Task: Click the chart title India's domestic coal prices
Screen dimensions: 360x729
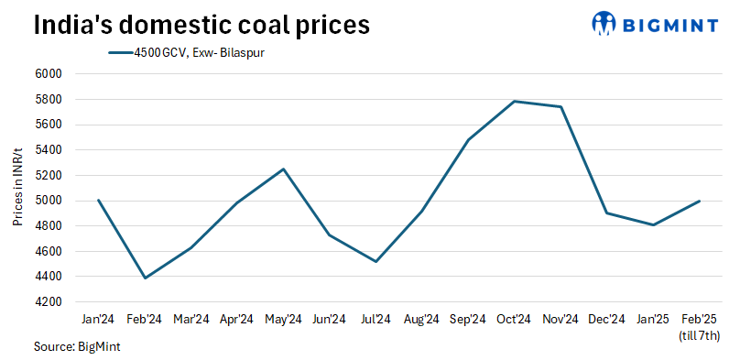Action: [x=201, y=25]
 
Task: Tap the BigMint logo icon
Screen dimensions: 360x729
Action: [x=604, y=24]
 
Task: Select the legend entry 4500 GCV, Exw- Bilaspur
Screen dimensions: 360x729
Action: [x=188, y=52]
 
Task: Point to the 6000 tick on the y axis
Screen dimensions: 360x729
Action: [x=47, y=74]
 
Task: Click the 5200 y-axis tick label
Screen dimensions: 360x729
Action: [x=47, y=175]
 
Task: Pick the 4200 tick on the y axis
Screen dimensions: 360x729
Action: [x=47, y=301]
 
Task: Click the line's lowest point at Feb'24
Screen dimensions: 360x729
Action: [x=145, y=278]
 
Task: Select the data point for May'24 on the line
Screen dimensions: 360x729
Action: [x=283, y=169]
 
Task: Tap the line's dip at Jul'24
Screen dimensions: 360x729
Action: [x=375, y=261]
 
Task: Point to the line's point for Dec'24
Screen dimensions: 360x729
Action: [x=606, y=213]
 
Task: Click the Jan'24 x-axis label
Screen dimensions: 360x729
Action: [x=98, y=319]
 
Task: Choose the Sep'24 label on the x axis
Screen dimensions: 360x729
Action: [x=468, y=319]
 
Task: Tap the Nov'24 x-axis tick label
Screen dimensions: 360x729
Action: [x=560, y=319]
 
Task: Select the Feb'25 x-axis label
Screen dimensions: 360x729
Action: [x=699, y=319]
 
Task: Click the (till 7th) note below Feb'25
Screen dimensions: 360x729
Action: [x=699, y=335]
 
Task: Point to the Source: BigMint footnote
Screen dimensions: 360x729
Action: [x=77, y=347]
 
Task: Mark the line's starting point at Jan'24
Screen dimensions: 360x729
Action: [x=98, y=200]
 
